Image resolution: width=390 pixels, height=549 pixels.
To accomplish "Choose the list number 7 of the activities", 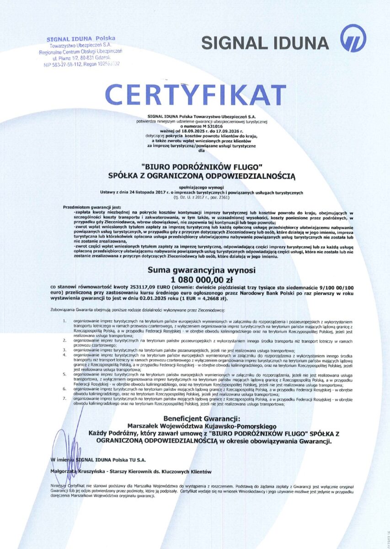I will pos(64,399).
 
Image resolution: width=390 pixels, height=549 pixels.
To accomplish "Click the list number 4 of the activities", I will pos(64,355).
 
